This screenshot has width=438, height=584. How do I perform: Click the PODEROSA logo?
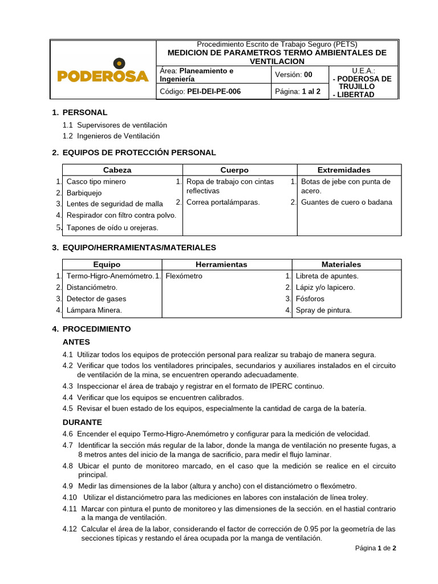click(103, 72)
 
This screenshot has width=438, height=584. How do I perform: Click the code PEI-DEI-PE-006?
click(210, 91)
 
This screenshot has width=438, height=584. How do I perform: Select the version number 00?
click(308, 74)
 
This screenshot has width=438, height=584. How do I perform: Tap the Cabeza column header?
click(117, 170)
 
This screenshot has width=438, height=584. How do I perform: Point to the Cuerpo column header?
click(234, 170)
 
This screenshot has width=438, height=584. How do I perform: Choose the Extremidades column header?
click(343, 170)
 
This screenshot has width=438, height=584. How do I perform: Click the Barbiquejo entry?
click(84, 193)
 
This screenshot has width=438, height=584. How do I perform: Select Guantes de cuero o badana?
click(346, 202)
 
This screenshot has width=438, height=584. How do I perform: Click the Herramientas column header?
click(221, 265)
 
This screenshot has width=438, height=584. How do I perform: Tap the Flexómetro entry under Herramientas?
click(184, 276)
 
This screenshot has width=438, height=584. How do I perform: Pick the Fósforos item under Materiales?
click(310, 299)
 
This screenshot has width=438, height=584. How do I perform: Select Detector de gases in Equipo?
click(96, 299)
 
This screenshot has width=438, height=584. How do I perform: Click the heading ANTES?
click(76, 342)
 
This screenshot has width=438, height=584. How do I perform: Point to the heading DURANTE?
click(82, 422)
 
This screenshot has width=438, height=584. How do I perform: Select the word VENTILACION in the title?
click(277, 61)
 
